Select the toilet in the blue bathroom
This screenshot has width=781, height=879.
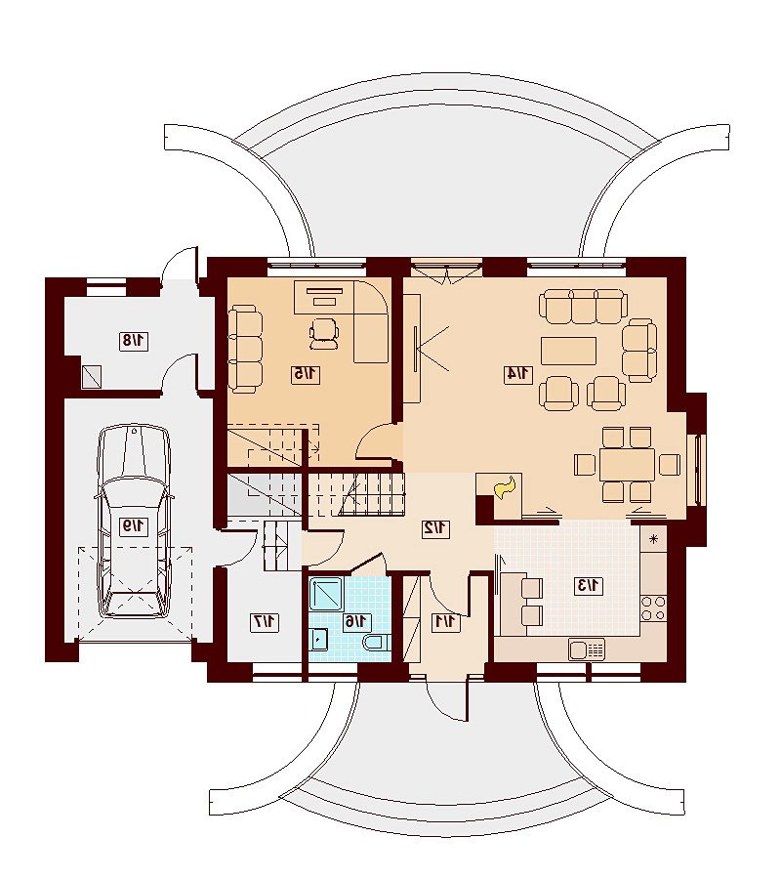coord(376,644)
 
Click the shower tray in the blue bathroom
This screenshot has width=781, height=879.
coord(327,593)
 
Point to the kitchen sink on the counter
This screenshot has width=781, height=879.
coord(587,649)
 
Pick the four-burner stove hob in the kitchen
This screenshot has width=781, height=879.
coord(653,607)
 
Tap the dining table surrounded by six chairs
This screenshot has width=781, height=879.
coord(627,464)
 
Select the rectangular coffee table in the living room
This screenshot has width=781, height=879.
coord(568,351)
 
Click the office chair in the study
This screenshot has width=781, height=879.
coord(324,334)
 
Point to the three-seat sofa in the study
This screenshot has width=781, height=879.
coord(245,349)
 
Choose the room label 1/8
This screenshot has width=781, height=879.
coord(134,341)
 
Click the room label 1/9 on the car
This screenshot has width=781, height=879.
coord(134,526)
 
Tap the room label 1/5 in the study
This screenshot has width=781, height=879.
coord(306,374)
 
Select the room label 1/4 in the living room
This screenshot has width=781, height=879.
coord(518,373)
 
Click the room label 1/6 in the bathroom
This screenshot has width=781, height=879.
coord(356,621)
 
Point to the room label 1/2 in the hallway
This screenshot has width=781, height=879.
coord(435,528)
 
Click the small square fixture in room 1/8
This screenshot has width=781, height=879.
coord(92,377)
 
